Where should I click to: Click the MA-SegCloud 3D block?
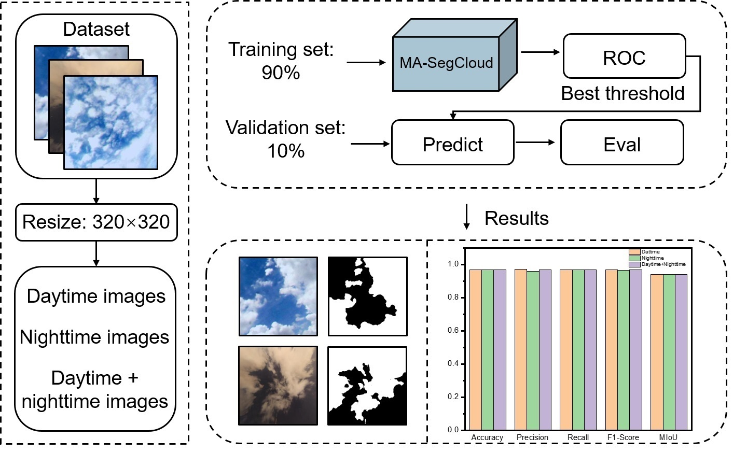pos(447,63)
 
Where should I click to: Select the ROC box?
pos(624,57)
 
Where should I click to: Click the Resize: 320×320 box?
pos(96,222)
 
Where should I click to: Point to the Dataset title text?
pos(96,29)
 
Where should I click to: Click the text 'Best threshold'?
pos(623,93)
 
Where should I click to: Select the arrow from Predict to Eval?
pos(536,143)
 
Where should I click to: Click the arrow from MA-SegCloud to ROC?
pos(541,52)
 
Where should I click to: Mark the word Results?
pos(516,218)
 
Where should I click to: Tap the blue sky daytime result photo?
pos(278,296)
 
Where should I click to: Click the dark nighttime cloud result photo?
pos(278,386)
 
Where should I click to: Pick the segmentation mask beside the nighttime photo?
pos(367,386)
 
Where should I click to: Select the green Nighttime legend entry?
pos(652,258)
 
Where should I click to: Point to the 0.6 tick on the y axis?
pos(453,331)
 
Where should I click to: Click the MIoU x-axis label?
pos(668,437)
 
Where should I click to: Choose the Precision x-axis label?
pos(532,437)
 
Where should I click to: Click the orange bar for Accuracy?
pos(475,350)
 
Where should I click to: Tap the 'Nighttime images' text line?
pos(95,337)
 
